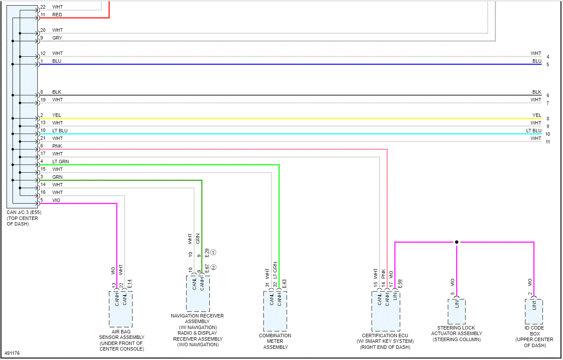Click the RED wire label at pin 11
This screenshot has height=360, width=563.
pos(57,15)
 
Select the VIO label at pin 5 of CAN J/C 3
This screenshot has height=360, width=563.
pos(56,200)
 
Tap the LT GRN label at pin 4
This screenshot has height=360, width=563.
pos(61,162)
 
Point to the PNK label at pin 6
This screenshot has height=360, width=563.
pos(57,146)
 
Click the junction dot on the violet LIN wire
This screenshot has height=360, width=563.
pos(456,242)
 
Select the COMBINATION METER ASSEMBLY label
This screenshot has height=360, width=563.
pos(275,341)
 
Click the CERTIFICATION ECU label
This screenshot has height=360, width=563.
pos(385,336)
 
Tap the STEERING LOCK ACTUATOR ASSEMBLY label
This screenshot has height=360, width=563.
pos(456,333)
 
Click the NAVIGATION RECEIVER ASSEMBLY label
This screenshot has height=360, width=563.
pos(197,318)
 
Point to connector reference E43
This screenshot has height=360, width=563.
pos(284,284)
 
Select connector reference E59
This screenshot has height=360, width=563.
pos(400,284)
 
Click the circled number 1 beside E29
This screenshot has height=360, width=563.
pos(214,252)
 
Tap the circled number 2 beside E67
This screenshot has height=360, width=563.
pos(214,267)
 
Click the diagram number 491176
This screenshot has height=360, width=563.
pos(12,354)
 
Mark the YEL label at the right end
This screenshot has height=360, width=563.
pos(537,115)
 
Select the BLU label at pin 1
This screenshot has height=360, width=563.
pos(57,61)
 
